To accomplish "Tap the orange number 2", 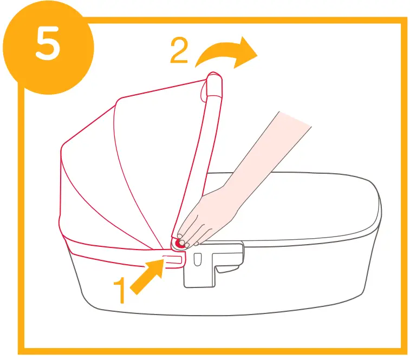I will tap(179, 51).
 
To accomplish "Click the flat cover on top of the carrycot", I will tap(303, 206).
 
